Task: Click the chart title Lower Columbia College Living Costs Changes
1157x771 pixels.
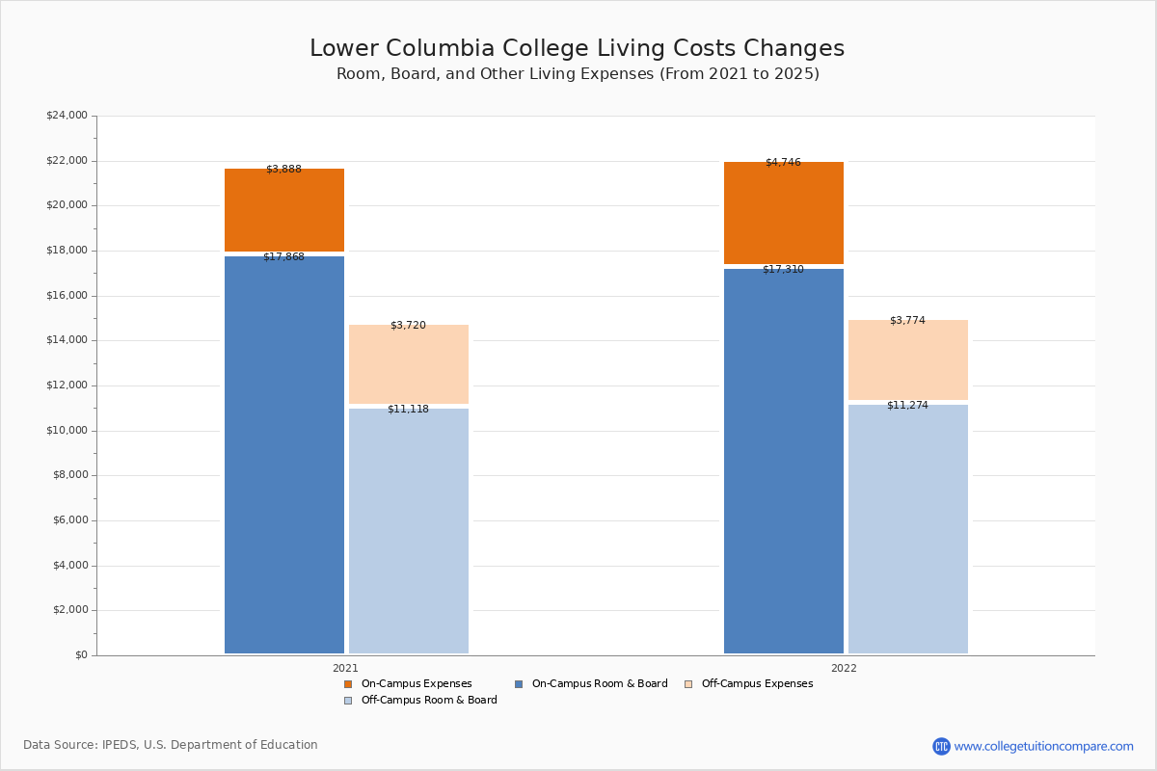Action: coord(577,49)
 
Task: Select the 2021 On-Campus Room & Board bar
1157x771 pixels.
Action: coord(284,454)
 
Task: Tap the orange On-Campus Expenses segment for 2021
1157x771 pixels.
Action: coord(284,210)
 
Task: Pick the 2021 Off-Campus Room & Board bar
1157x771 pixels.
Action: coord(409,531)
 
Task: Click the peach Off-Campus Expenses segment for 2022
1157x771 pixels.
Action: coord(908,359)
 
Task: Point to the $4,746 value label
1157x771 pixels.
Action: coord(783,163)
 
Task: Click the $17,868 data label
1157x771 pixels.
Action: coord(283,257)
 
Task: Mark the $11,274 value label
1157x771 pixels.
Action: coord(907,406)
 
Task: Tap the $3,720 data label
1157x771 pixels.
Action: coord(408,326)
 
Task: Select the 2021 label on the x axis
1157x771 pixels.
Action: coord(345,668)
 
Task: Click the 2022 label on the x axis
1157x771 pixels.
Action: coord(844,668)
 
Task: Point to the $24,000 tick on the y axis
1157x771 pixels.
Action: coord(67,116)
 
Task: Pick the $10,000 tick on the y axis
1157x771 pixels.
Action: coord(67,431)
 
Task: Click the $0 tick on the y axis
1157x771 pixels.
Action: coord(80,655)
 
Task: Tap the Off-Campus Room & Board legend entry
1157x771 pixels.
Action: coord(428,701)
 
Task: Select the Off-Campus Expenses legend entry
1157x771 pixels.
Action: coord(756,684)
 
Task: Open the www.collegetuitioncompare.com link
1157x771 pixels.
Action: coord(1043,746)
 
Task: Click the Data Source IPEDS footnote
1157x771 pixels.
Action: coord(171,745)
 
